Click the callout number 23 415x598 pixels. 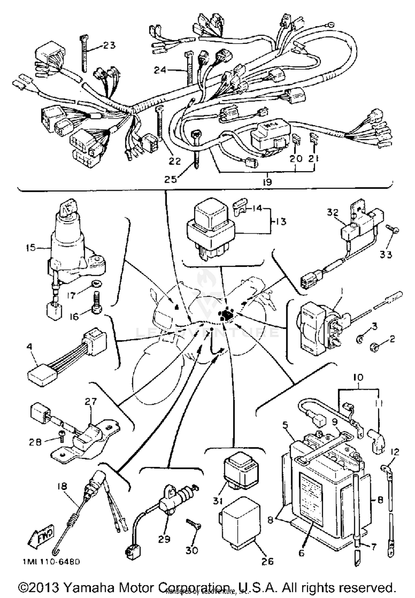point(109,45)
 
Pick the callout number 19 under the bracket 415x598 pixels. point(268,182)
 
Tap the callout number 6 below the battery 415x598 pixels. point(301,553)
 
